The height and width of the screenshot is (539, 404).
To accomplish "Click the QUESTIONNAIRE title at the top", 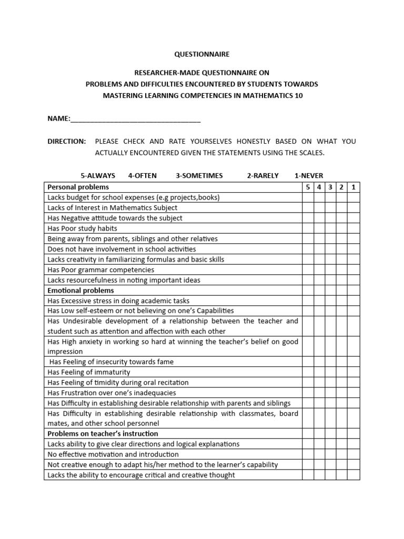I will [x=202, y=54].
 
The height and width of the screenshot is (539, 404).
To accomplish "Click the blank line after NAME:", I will [x=135, y=119].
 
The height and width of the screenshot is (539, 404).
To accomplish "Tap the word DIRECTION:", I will [x=66, y=142].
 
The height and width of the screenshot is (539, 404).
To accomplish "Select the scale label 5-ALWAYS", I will [x=97, y=175].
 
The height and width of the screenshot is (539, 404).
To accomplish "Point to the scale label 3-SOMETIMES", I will [x=199, y=175].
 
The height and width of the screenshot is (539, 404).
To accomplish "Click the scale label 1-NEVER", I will [x=309, y=175].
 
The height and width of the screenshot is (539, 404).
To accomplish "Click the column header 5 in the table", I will [x=308, y=187].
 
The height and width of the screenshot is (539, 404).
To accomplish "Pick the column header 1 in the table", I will [x=353, y=187].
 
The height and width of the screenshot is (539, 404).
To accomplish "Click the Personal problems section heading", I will [x=78, y=187].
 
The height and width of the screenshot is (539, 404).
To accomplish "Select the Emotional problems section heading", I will [x=80, y=291].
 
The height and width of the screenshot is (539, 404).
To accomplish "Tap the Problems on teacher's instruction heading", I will [x=103, y=434].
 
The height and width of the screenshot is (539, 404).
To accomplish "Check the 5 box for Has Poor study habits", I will [x=308, y=228].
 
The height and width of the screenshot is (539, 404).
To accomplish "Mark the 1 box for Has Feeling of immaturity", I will [x=353, y=372].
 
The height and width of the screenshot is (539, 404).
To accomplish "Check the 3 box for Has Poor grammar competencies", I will [x=330, y=269].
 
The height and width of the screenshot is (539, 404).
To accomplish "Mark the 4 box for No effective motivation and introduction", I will [x=319, y=454].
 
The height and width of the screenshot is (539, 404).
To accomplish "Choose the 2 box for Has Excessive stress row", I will [x=342, y=301].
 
